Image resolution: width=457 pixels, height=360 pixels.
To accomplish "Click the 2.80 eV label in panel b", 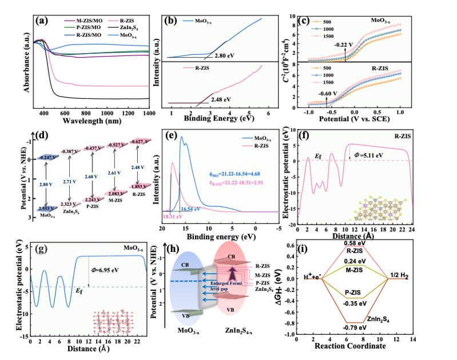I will [x=225, y=56].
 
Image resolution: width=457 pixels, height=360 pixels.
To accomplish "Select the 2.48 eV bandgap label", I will [x=221, y=99].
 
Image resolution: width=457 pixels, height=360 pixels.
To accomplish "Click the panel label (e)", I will [x=170, y=135].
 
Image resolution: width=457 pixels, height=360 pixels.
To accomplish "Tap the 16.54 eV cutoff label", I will [x=192, y=210].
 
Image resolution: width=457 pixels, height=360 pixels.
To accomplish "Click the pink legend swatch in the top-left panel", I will [x=113, y=21].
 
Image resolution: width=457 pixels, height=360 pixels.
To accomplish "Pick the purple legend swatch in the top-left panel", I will [x=70, y=21].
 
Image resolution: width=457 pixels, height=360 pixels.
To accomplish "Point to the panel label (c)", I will [x=306, y=21].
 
